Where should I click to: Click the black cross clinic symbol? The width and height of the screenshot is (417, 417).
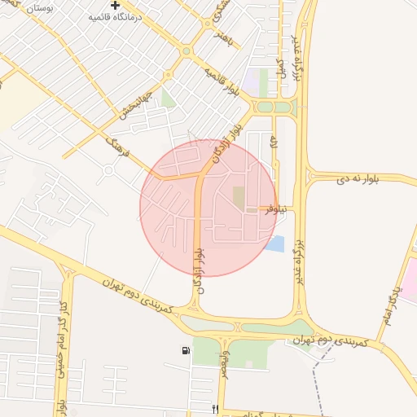116,5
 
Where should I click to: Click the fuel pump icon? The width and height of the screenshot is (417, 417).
187,351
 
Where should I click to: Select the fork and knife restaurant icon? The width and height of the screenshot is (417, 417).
215,409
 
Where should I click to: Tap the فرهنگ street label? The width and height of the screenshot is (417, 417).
119,152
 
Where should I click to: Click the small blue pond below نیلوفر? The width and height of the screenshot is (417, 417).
274,243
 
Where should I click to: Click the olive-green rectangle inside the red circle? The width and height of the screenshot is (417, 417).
238,196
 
